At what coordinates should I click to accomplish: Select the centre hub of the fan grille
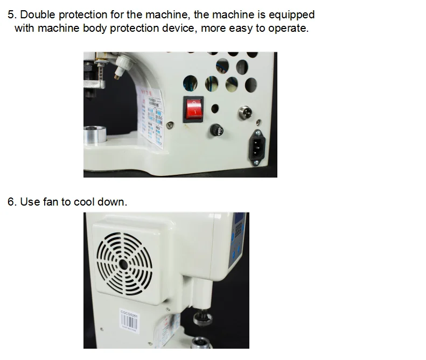point(123,264)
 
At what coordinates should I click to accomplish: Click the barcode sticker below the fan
point(131,317)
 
